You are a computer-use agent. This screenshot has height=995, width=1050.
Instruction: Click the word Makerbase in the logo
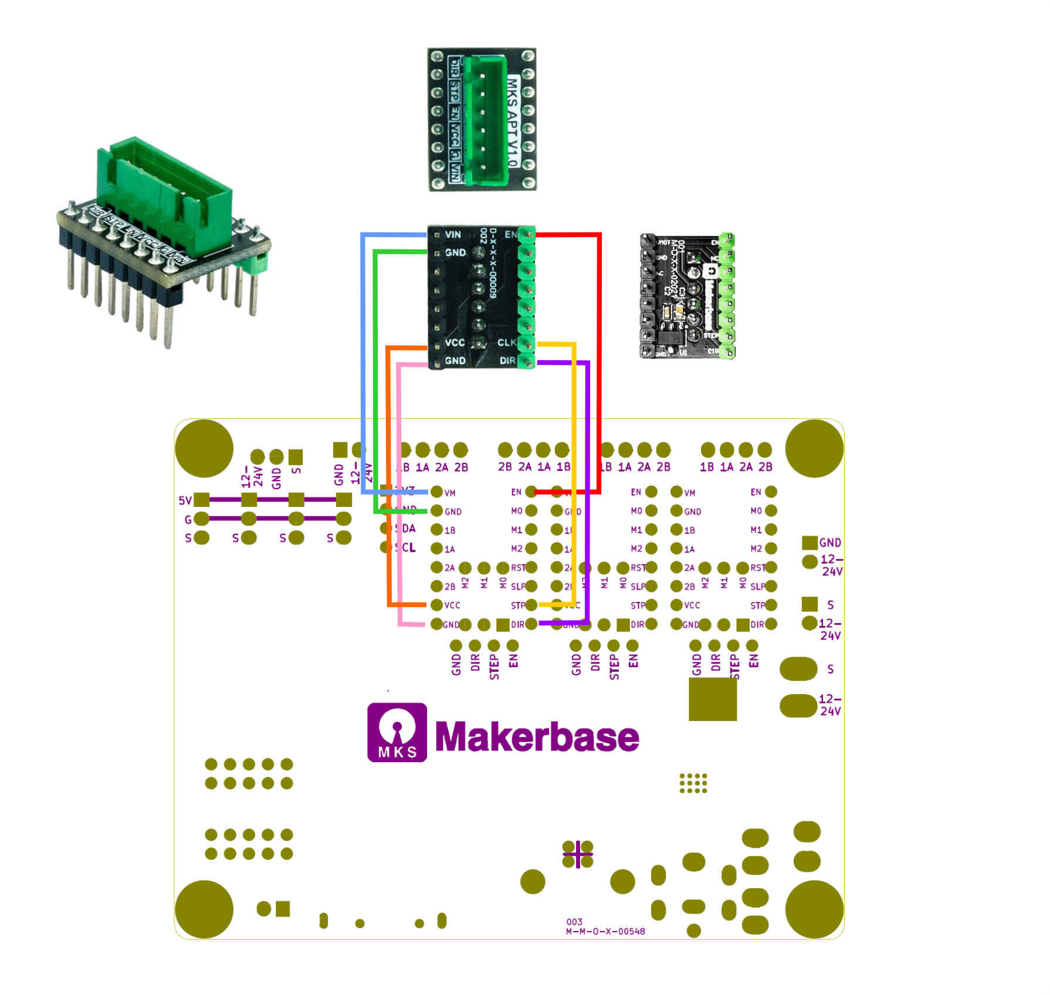point(537,736)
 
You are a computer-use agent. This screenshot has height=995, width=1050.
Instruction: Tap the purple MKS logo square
point(397,732)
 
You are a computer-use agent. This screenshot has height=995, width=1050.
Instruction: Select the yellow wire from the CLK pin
point(574,469)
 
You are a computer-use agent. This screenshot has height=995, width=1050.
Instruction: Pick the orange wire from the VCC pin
point(388,469)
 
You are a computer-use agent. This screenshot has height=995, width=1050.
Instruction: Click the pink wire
point(400,499)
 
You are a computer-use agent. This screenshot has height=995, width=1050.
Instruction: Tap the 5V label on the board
point(185,500)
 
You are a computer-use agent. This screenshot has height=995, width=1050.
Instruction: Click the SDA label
point(406,529)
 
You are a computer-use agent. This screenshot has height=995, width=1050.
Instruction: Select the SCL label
point(406,547)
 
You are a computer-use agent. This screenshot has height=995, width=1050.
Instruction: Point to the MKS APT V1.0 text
point(512,121)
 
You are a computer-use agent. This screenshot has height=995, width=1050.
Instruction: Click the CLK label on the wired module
point(506,342)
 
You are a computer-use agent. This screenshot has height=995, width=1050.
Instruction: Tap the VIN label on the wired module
point(453,235)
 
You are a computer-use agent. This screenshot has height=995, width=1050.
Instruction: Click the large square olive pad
point(712,699)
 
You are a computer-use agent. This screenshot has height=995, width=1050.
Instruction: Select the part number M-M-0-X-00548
point(605,931)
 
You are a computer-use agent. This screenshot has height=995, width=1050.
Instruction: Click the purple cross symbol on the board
point(578,854)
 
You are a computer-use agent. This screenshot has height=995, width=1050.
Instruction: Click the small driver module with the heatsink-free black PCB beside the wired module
point(687,296)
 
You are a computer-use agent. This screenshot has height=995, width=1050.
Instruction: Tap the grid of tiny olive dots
point(693,783)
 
